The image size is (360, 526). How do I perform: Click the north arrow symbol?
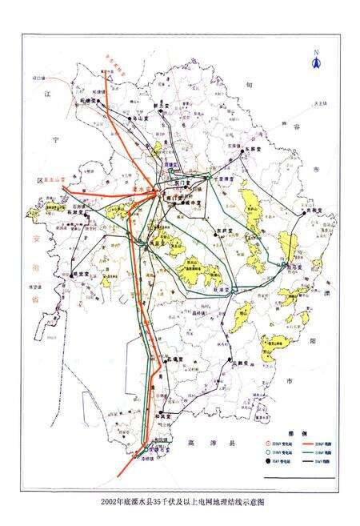(316, 65)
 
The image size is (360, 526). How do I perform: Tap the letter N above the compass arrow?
(316, 53)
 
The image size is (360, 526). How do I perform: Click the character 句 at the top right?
(250, 83)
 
